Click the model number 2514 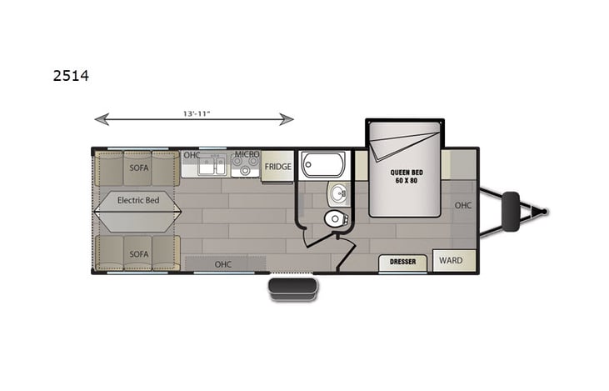tap(70, 75)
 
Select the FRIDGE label tap(277, 166)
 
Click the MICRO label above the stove tap(247, 155)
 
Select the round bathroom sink tap(338, 193)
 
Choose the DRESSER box tap(402, 262)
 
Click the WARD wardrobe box tap(451, 260)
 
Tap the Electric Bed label tap(138, 200)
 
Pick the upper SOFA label tap(138, 167)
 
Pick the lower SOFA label tap(138, 253)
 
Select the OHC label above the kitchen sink tap(192, 155)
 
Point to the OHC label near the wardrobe tap(463, 204)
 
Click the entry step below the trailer tap(292, 288)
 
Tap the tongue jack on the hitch tap(510, 212)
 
